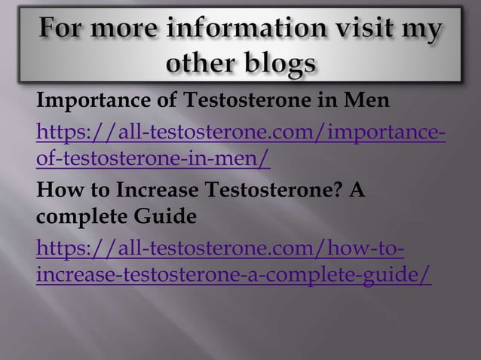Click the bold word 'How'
pos(57,192)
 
